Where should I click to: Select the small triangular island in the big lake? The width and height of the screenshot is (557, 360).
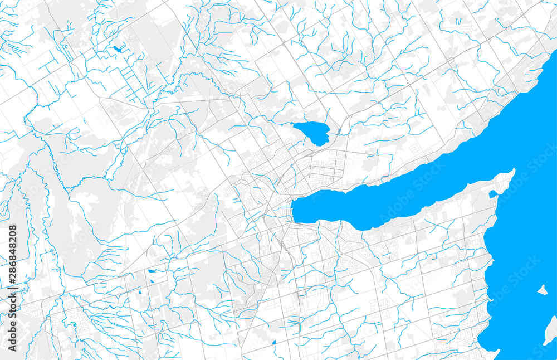542,290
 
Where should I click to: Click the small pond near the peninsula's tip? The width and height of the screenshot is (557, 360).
492,194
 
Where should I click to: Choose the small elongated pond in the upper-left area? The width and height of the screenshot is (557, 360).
118,48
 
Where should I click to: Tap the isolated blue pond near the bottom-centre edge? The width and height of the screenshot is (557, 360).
273,343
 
